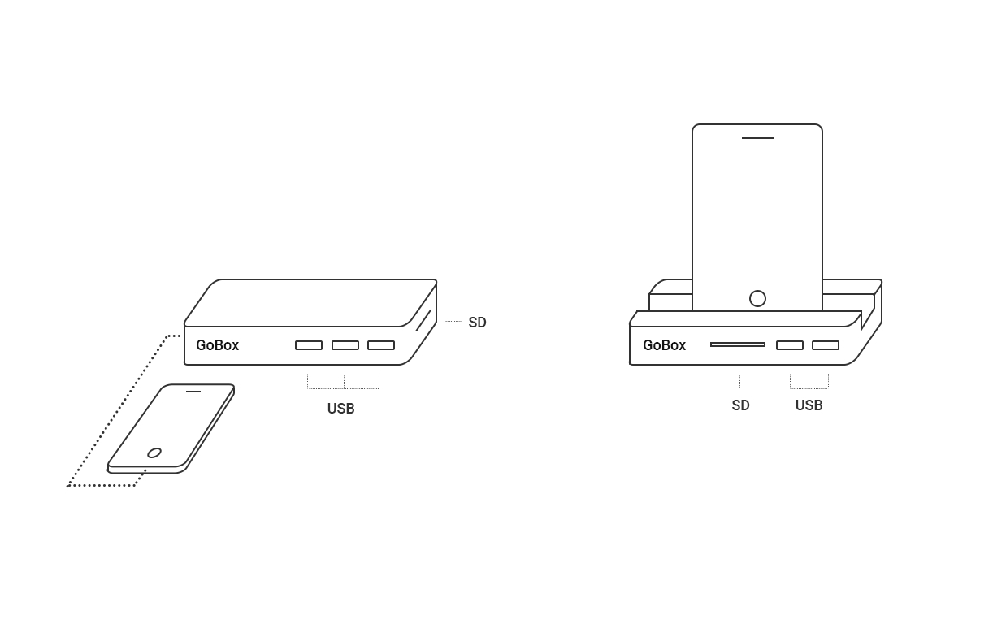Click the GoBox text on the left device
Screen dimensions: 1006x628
click(217, 345)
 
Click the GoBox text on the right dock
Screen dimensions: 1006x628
click(664, 345)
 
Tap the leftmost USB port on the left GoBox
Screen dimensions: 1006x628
click(309, 345)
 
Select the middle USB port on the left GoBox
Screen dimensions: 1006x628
click(345, 345)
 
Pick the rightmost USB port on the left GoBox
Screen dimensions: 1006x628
click(381, 345)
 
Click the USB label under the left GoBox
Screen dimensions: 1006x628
click(340, 409)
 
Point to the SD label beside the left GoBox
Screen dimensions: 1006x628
click(477, 323)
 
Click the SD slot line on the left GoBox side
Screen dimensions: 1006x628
click(423, 321)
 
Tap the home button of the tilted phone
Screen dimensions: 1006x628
click(154, 453)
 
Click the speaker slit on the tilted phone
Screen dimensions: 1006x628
click(193, 392)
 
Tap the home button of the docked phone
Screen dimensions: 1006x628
click(757, 298)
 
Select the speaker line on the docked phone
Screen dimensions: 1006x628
click(757, 138)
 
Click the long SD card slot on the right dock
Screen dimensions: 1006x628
click(738, 344)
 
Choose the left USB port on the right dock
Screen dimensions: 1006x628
click(790, 345)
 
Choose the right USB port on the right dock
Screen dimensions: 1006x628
click(826, 345)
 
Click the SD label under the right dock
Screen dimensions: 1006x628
click(740, 405)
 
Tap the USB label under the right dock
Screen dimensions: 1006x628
click(809, 405)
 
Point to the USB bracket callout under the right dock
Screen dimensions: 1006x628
click(809, 388)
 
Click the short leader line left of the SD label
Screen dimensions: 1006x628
click(453, 322)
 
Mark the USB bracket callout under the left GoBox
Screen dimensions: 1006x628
click(344, 388)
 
